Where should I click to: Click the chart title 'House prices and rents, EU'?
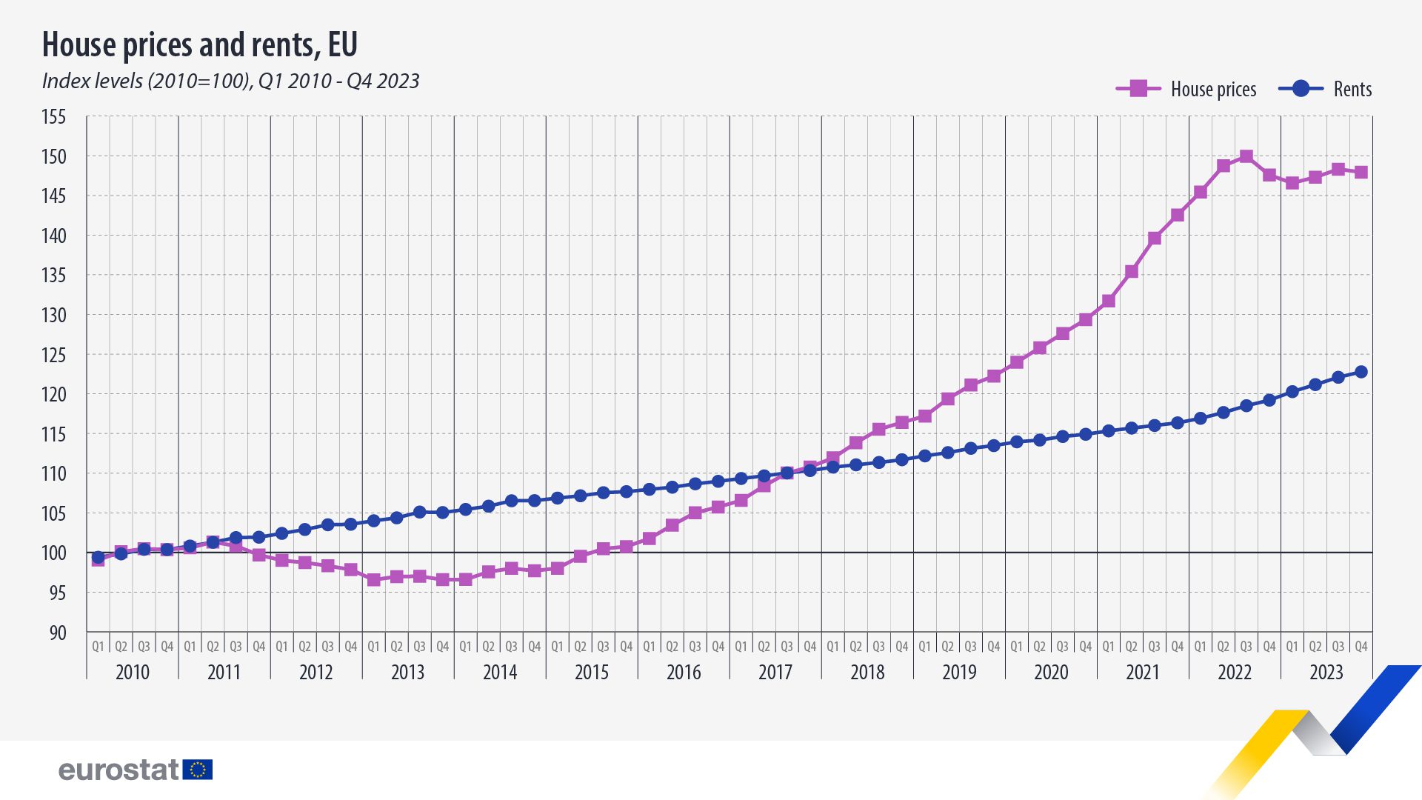(x=200, y=44)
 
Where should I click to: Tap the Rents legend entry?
(x=1326, y=89)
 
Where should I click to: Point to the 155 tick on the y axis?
(x=54, y=117)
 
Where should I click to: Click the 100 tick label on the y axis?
(x=54, y=553)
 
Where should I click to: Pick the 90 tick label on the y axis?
(x=57, y=633)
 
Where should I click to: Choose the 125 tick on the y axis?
(x=54, y=356)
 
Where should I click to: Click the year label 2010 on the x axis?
(x=133, y=673)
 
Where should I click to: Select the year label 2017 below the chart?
(x=775, y=673)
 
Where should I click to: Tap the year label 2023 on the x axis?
(x=1326, y=673)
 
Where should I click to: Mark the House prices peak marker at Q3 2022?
(x=1246, y=156)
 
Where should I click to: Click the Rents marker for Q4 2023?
(x=1361, y=372)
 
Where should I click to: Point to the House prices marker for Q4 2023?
(x=1361, y=173)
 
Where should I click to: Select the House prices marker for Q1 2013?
(x=374, y=580)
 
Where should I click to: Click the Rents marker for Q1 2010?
(x=99, y=557)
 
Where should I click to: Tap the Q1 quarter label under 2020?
(x=1017, y=647)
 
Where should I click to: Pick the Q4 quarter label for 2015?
(x=627, y=647)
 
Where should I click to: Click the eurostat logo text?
(x=118, y=770)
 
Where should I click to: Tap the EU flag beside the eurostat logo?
(x=198, y=770)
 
